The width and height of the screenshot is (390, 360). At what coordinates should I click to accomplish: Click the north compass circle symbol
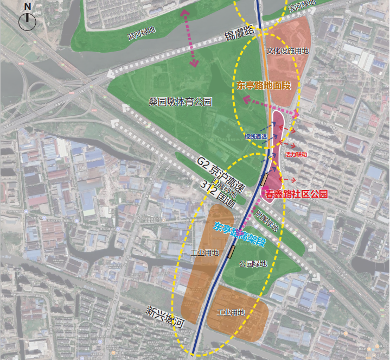[x=27, y=21]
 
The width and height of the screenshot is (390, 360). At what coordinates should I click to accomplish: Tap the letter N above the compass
[x=27, y=7]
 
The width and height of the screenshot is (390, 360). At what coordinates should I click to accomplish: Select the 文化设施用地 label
[x=287, y=51]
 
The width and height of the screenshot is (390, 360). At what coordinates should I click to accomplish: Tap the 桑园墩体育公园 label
[x=180, y=102]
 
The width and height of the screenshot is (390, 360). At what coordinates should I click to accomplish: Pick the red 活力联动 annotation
[x=300, y=155]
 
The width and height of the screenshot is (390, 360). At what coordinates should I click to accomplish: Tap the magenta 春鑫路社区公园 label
[x=296, y=193]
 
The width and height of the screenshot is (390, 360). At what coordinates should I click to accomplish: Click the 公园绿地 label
[x=253, y=264]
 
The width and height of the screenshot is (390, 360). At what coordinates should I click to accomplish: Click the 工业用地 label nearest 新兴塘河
[x=231, y=313]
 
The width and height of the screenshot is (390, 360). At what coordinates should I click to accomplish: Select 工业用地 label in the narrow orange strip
[x=204, y=253]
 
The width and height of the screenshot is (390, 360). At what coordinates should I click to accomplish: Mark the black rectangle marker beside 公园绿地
[x=232, y=251]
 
